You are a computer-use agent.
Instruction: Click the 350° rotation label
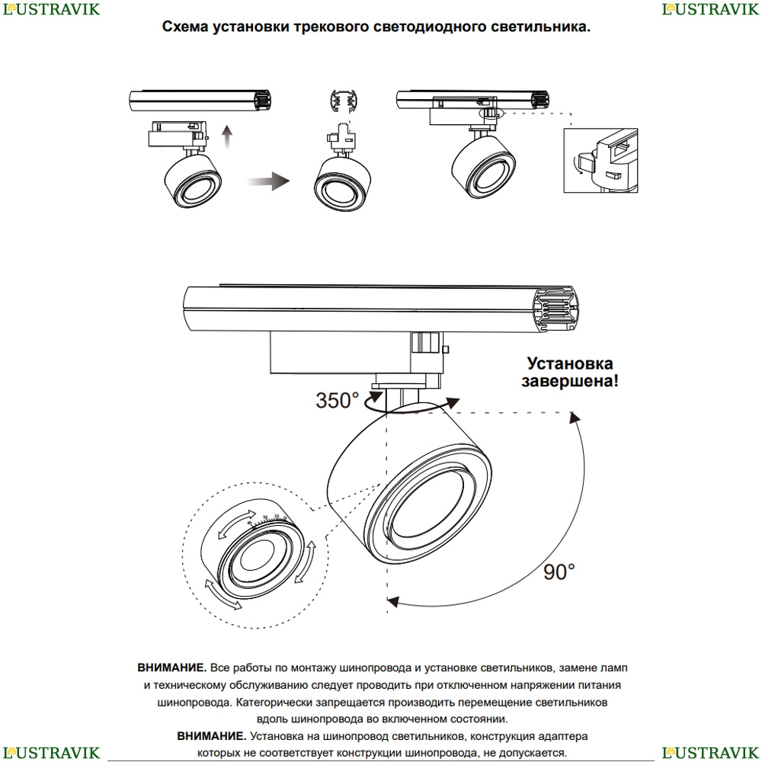coord(337,400)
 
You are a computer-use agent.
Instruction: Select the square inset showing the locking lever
coord(600,161)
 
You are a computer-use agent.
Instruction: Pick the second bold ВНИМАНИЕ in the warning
coord(211,737)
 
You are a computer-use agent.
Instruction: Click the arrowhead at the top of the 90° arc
coord(572,415)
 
